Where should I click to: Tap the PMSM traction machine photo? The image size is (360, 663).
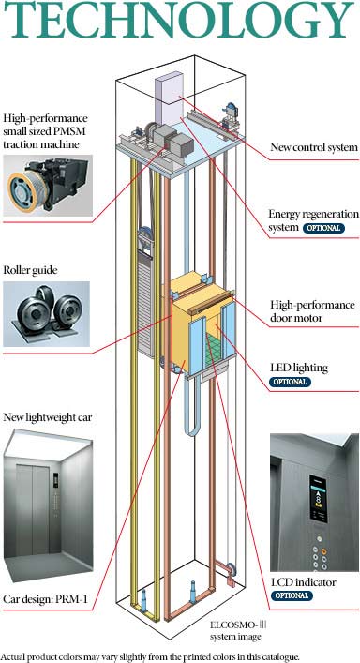pyautogui.click(x=48, y=186)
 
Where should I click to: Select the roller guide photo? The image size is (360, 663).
pyautogui.click(x=47, y=314)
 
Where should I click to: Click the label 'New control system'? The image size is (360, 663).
pyautogui.click(x=314, y=147)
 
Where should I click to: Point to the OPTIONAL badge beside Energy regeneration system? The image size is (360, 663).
pyautogui.click(x=323, y=228)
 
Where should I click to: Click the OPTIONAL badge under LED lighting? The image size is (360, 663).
pyautogui.click(x=291, y=382)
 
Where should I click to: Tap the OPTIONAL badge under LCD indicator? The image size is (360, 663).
pyautogui.click(x=292, y=595)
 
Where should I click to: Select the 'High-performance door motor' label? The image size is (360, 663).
pyautogui.click(x=312, y=310)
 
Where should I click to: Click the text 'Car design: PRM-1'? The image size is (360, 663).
pyautogui.click(x=45, y=599)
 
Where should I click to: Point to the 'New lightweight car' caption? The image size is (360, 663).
pyautogui.click(x=47, y=418)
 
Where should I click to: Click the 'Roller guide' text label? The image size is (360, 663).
pyautogui.click(x=30, y=271)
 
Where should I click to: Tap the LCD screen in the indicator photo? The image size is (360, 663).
pyautogui.click(x=318, y=498)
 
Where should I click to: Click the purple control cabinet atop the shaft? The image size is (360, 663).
pyautogui.click(x=169, y=99)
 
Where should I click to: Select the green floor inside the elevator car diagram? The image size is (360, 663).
pyautogui.click(x=215, y=349)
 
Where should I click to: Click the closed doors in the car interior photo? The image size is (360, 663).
pyautogui.click(x=33, y=509)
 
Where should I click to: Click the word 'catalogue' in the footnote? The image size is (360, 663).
pyautogui.click(x=280, y=656)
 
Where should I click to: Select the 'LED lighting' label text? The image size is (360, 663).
pyautogui.click(x=298, y=368)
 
